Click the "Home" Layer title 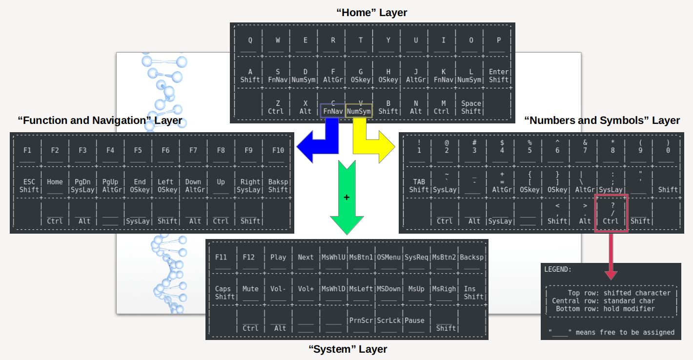click(x=371, y=13)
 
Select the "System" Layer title click(x=347, y=349)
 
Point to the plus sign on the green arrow click(x=346, y=198)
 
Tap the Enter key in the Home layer click(x=498, y=76)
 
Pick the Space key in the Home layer click(x=471, y=107)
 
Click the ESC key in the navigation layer click(x=29, y=185)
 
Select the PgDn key click(x=82, y=185)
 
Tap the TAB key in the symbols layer click(x=419, y=185)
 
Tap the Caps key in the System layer click(x=223, y=292)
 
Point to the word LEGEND click(x=558, y=269)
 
